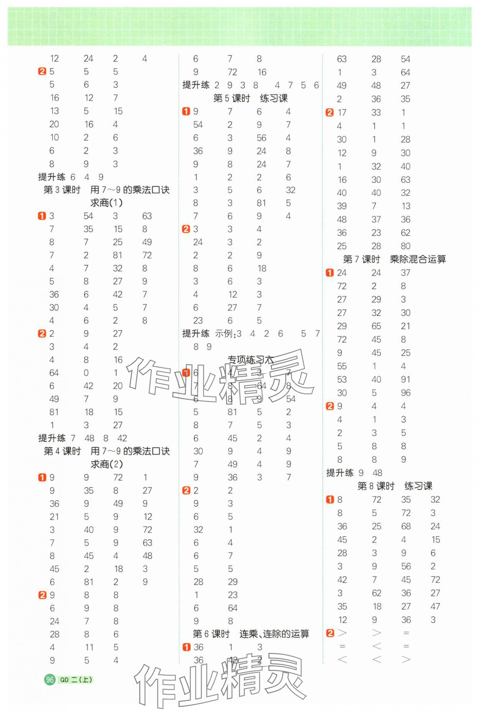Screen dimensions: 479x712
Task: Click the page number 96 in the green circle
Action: (49, 679)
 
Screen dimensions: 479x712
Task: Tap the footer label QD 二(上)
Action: (76, 679)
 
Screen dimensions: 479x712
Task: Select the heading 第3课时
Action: (62, 190)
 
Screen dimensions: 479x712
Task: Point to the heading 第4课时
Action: (62, 451)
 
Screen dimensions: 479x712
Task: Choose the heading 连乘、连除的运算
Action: (274, 634)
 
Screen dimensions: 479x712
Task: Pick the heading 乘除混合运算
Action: (418, 260)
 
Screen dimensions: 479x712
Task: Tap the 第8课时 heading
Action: (376, 486)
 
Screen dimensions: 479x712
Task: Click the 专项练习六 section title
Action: (250, 360)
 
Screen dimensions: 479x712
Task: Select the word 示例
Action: (224, 334)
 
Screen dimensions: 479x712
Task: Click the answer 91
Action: (405, 379)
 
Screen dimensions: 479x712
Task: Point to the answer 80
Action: (405, 246)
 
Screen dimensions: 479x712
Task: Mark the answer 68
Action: (406, 526)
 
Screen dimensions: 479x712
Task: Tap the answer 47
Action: (435, 606)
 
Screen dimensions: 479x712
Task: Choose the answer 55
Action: (342, 366)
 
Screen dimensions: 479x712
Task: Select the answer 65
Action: (376, 326)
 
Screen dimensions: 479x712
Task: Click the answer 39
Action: (342, 206)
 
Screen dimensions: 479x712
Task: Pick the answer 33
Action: (376, 113)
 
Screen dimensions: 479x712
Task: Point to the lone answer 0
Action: (86, 373)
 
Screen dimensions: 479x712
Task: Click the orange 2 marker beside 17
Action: (330, 113)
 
